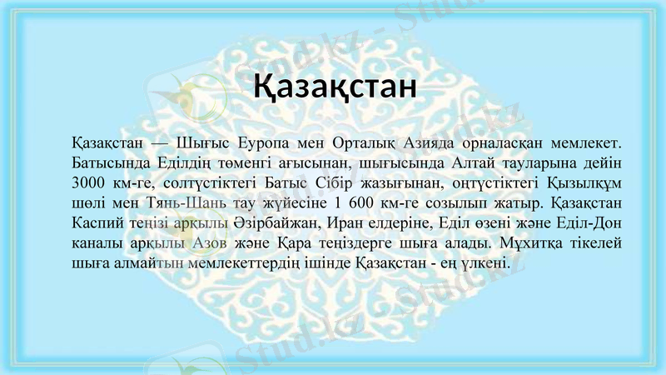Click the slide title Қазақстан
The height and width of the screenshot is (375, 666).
tap(334, 86)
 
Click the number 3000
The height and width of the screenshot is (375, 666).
tap(88, 182)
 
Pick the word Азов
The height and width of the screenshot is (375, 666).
tap(207, 243)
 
